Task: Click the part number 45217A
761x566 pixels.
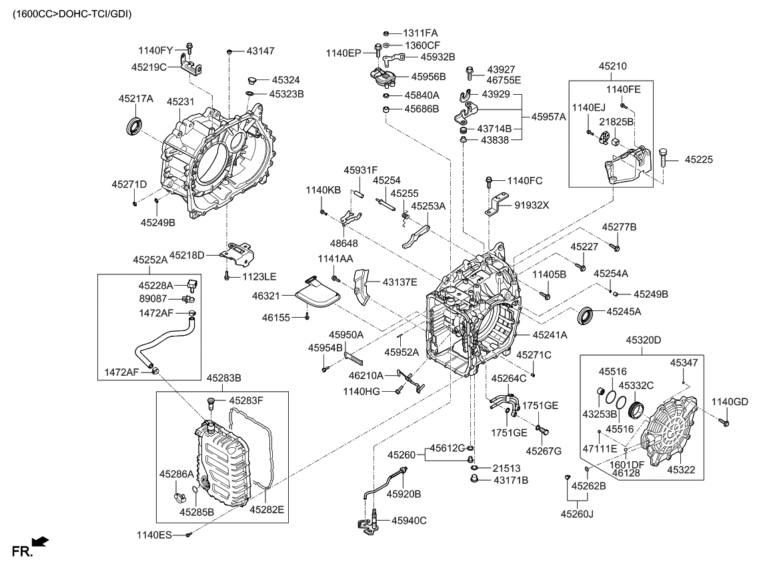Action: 136,98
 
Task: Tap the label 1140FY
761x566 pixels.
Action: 155,50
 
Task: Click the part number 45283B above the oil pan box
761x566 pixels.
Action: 224,378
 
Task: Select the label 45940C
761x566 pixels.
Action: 409,520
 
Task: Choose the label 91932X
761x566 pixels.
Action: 531,205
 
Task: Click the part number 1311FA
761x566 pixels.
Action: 420,32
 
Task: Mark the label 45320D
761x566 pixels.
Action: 643,340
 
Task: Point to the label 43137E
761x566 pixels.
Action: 400,281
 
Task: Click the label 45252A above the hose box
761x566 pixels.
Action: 150,260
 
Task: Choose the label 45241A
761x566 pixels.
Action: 550,335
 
